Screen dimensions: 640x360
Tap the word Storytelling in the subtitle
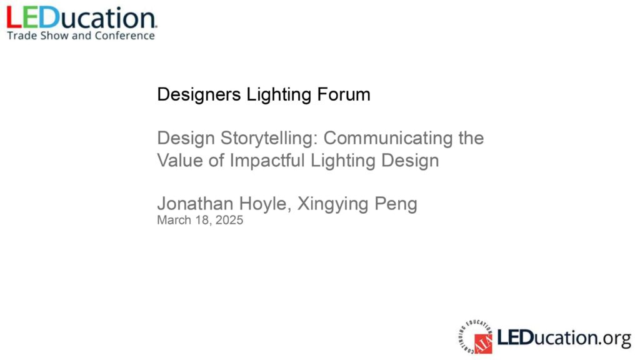point(269,138)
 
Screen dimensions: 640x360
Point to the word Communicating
point(387,138)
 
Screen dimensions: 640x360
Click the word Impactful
point(267,161)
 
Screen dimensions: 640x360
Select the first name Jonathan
point(195,203)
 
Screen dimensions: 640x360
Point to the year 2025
point(229,220)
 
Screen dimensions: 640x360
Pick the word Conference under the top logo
point(125,36)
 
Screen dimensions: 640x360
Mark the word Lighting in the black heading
point(279,95)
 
